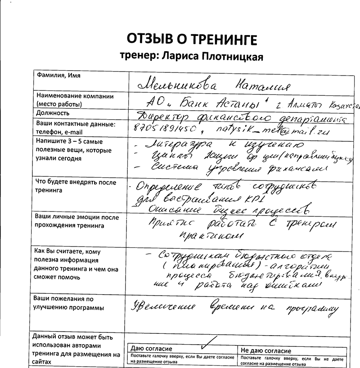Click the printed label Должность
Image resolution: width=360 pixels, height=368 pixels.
[53, 113]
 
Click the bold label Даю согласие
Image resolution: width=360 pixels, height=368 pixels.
[151, 350]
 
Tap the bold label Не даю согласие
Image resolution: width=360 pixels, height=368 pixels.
[266, 350]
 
